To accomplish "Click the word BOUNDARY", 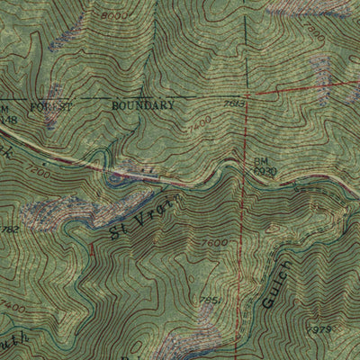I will (143, 104).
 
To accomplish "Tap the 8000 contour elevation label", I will (114, 16).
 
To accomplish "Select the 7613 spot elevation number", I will (236, 104).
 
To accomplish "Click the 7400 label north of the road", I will (201, 119).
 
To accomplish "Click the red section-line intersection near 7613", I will (245, 94).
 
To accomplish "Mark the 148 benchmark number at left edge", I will (8, 117).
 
